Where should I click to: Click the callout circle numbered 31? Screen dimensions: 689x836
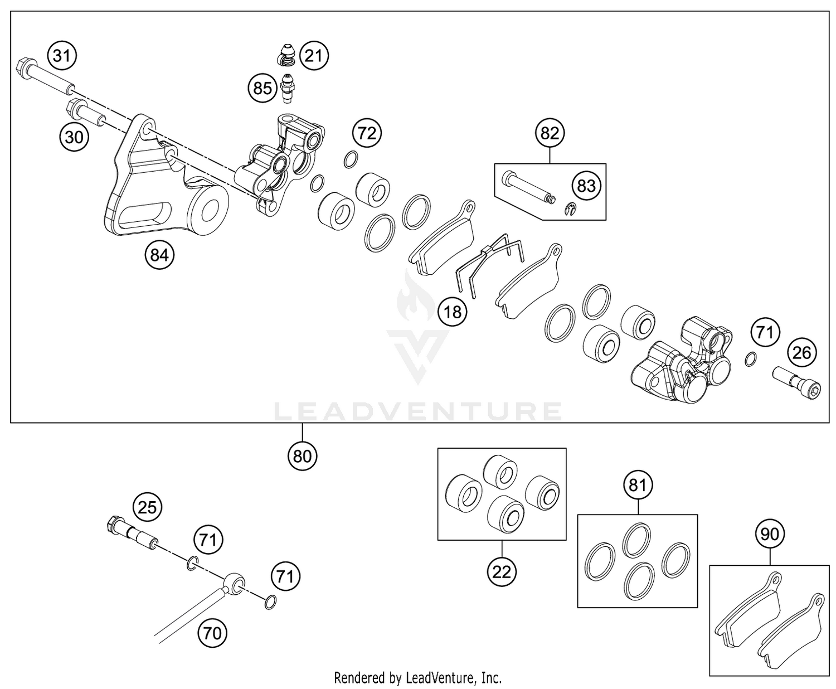pyautogui.click(x=62, y=56)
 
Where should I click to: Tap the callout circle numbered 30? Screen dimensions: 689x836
pyautogui.click(x=74, y=137)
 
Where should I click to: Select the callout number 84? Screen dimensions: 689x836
pyautogui.click(x=159, y=255)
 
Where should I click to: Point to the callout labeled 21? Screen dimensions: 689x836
pyautogui.click(x=314, y=56)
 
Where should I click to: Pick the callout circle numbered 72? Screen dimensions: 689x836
pyautogui.click(x=367, y=133)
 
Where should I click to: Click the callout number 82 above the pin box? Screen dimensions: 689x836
pyautogui.click(x=550, y=133)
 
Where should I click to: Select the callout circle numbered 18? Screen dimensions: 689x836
pyautogui.click(x=453, y=312)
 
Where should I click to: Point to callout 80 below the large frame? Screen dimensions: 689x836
pyautogui.click(x=303, y=456)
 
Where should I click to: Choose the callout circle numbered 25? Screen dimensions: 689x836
pyautogui.click(x=147, y=507)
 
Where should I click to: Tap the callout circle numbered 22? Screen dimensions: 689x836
pyautogui.click(x=502, y=571)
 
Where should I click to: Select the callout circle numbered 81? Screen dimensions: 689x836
pyautogui.click(x=638, y=485)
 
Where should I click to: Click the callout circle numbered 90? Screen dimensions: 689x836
pyautogui.click(x=770, y=535)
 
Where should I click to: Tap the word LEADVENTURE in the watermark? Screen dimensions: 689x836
pyautogui.click(x=418, y=412)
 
